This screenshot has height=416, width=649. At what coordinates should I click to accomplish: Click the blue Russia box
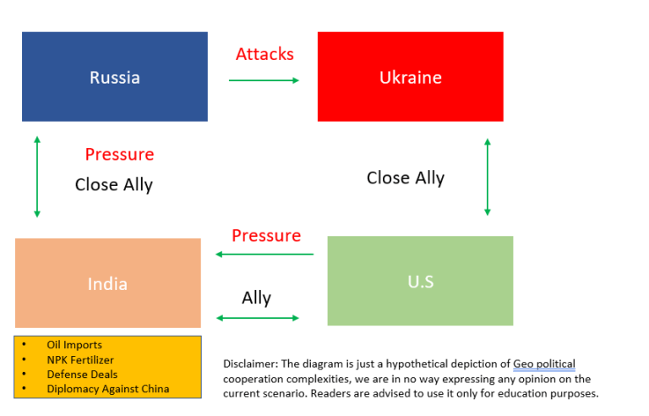(x=115, y=77)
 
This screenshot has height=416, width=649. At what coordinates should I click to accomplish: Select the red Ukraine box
(x=410, y=77)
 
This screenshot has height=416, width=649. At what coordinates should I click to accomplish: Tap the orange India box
(x=107, y=283)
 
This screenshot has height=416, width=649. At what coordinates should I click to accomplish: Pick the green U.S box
(x=420, y=281)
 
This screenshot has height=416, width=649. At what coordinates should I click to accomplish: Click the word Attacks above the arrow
(x=265, y=54)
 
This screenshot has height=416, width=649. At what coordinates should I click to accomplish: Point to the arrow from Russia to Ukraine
(x=264, y=80)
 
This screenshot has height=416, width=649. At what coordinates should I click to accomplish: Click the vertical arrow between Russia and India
(x=37, y=177)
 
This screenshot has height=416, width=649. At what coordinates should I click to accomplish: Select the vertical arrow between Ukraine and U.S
(x=488, y=177)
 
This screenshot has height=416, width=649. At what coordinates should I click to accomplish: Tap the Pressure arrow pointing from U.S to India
(x=265, y=254)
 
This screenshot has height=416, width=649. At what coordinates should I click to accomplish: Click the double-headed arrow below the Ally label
(x=258, y=318)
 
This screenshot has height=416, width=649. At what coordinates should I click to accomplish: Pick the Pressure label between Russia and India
(x=119, y=155)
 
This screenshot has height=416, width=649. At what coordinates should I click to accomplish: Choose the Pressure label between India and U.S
(x=266, y=235)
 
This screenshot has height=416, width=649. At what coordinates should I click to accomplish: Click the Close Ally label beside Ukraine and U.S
(x=405, y=178)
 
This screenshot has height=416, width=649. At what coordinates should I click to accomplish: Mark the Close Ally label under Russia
(x=113, y=184)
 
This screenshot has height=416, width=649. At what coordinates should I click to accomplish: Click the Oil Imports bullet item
(x=74, y=345)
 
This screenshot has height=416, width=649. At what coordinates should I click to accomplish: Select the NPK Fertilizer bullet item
(x=80, y=359)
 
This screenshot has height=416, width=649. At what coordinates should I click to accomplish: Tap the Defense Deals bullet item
(x=82, y=374)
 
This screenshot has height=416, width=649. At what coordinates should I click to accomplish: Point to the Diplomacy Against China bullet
(x=108, y=389)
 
